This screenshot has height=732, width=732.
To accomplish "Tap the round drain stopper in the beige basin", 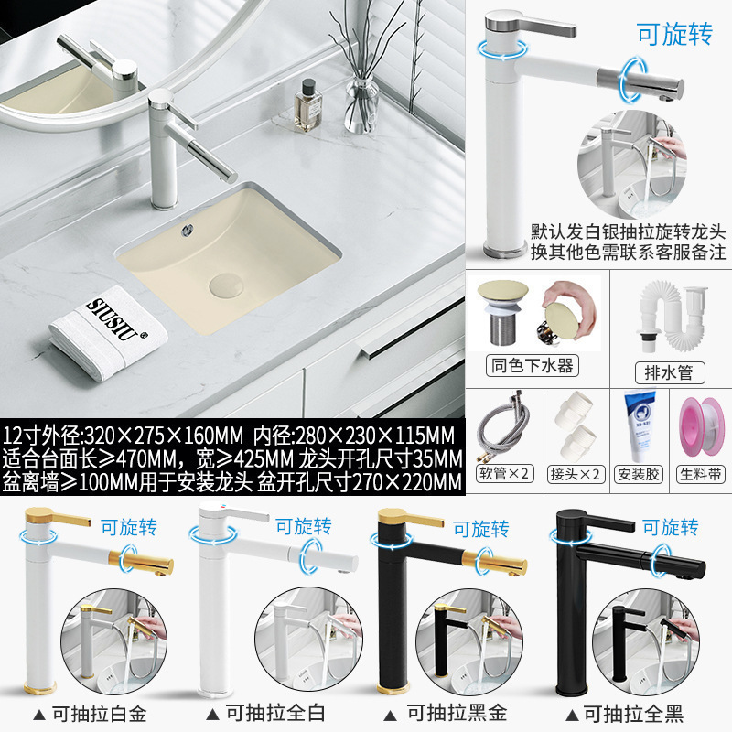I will pyautogui.click(x=229, y=284).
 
